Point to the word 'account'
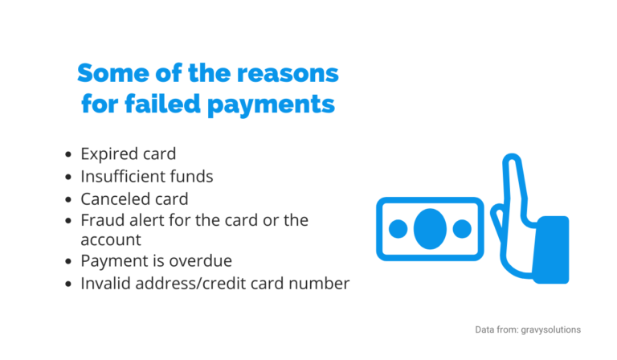click(x=111, y=239)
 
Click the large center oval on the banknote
click(x=430, y=228)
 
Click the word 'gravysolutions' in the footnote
click(x=553, y=329)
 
